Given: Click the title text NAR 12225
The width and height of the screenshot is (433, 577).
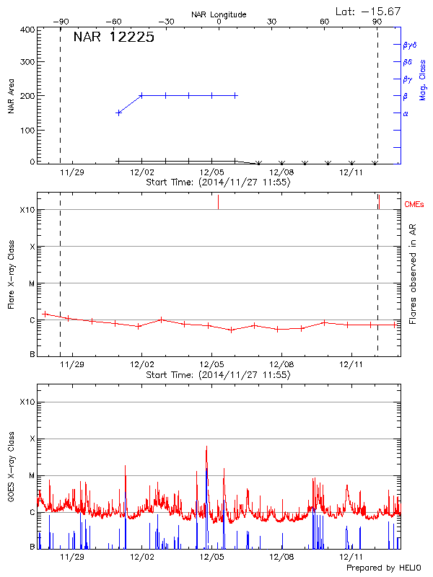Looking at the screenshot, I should click(x=113, y=38).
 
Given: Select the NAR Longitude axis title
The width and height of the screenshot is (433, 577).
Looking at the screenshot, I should click(x=219, y=14).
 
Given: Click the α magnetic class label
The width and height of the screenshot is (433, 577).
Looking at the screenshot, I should click(x=406, y=113).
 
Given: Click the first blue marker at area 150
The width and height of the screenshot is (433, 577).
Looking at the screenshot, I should click(x=119, y=113).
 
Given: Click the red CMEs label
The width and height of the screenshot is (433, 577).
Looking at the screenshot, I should click(x=415, y=205).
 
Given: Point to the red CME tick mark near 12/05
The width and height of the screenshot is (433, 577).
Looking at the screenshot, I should click(x=218, y=203).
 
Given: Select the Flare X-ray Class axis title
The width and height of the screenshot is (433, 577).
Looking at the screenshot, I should click(x=11, y=274).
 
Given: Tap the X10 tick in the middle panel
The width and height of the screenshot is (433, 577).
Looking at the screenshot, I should click(x=27, y=210).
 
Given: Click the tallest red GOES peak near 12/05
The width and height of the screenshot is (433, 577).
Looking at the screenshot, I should click(x=206, y=447).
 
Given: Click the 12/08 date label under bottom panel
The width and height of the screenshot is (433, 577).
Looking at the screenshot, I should click(x=281, y=557).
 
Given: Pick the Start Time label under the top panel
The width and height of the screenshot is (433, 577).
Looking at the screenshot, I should click(x=218, y=182).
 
